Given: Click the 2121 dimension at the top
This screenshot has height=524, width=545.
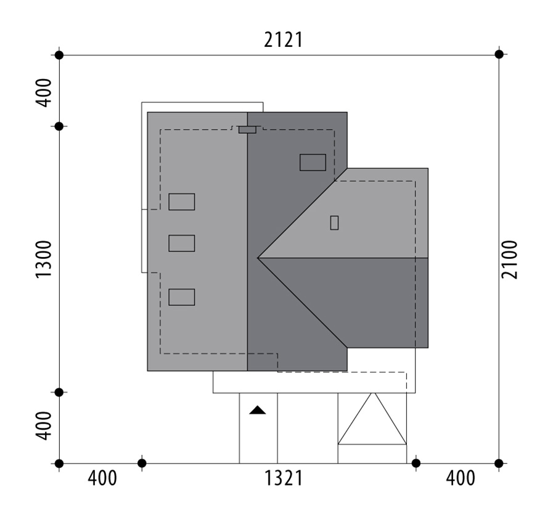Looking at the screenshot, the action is [x=283, y=40].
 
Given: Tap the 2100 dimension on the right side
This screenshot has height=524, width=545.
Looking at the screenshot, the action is [x=509, y=259].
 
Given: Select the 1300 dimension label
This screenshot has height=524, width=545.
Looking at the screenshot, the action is [x=44, y=259].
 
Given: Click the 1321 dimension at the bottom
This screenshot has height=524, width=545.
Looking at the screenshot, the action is [x=284, y=478].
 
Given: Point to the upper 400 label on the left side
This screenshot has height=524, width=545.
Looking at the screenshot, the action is [x=44, y=92].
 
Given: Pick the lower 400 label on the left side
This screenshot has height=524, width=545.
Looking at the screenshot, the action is [x=44, y=426].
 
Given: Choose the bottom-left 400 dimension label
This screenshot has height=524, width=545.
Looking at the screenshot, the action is [x=102, y=478].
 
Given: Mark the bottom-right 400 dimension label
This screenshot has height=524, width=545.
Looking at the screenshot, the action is [x=460, y=478].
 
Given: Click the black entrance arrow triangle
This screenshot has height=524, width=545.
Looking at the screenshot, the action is [x=258, y=410].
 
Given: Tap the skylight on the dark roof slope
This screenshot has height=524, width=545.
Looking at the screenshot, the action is [x=313, y=162].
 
